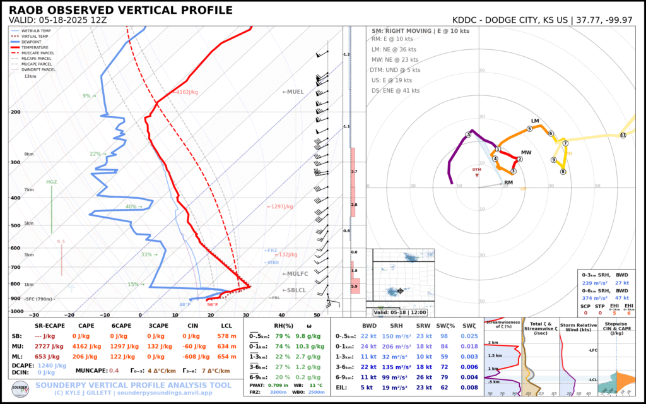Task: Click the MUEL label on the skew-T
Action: tap(293, 92)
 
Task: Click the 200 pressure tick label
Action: tap(15, 112)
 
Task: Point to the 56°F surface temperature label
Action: tap(213, 305)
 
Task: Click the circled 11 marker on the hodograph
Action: tap(623, 135)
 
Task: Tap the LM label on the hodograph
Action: tap(536, 121)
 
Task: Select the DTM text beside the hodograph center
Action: tap(476, 170)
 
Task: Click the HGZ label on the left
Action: tap(52, 182)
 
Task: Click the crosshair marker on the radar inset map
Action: tap(400, 291)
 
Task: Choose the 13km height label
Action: tap(30, 76)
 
